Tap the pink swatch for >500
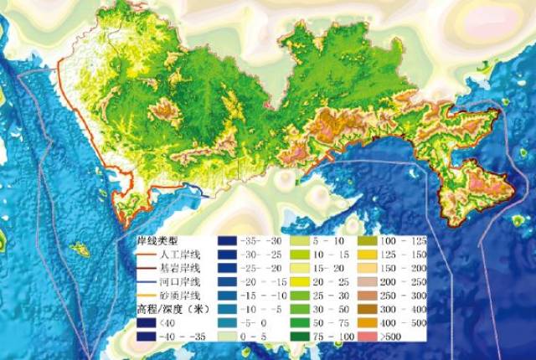point(369,337)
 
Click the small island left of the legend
point(80,249)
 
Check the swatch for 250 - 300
point(369,296)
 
